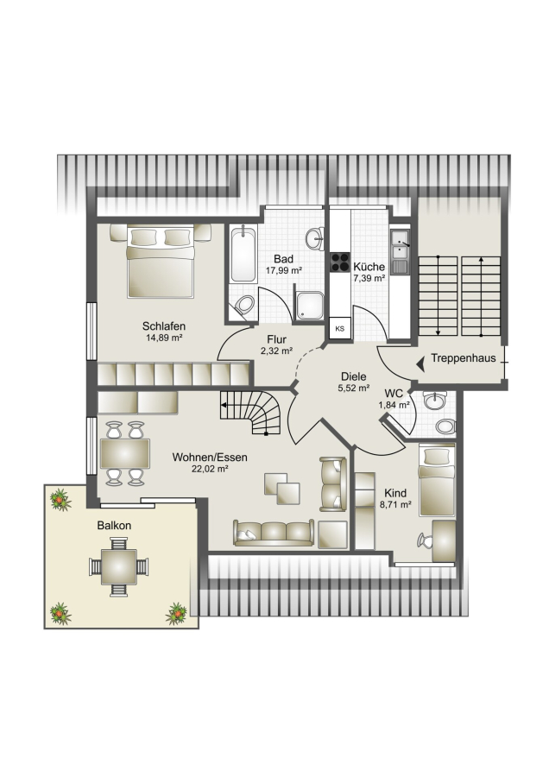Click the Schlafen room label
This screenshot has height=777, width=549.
point(163,326)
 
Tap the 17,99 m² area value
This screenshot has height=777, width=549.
point(284,270)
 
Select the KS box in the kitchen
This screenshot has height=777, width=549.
point(340,328)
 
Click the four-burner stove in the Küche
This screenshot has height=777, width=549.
point(340,262)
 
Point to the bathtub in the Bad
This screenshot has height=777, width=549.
point(243,255)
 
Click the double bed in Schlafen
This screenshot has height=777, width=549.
point(160,261)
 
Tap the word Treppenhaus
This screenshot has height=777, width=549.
point(464,357)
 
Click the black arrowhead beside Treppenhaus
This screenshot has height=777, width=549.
point(420,365)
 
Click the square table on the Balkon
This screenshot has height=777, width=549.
point(119,566)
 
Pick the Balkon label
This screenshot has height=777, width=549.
point(114,525)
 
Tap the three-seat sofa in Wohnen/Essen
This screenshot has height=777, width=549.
point(274,533)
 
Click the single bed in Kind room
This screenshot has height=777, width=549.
point(437,481)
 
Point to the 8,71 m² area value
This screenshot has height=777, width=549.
point(395,505)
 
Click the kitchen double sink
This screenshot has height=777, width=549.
point(400,252)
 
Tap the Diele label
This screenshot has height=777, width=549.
point(354,376)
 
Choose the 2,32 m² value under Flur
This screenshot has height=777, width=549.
point(276,351)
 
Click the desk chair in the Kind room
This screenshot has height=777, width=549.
point(425,540)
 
